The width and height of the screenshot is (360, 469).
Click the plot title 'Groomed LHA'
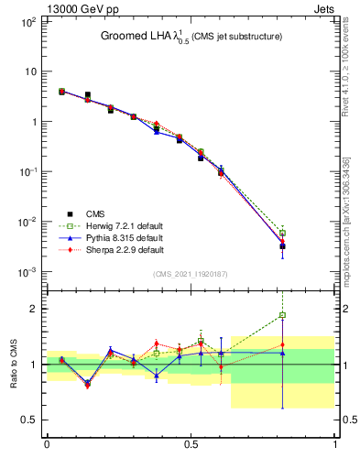(x=138, y=37)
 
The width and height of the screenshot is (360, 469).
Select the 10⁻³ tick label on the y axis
(x=28, y=272)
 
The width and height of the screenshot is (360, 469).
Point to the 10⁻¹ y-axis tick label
(x=28, y=171)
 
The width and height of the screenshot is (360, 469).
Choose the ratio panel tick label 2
(x=33, y=309)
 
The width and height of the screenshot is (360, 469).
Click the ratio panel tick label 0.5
(x=30, y=420)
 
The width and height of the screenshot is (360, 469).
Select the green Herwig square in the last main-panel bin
(x=283, y=234)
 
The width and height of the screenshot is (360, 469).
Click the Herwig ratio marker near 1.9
(x=283, y=315)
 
